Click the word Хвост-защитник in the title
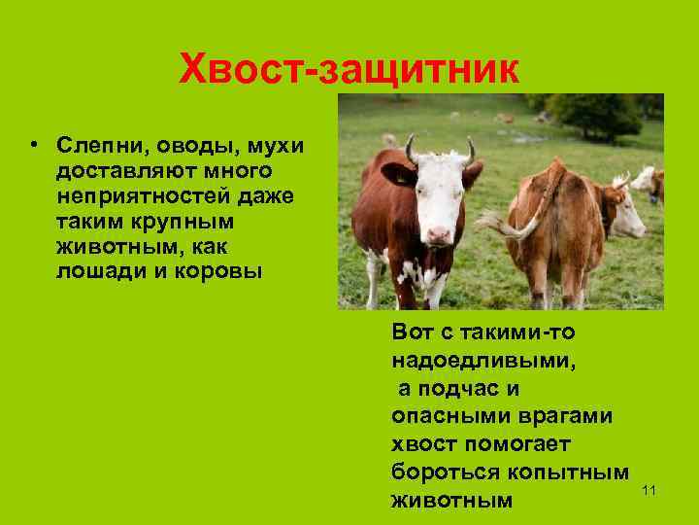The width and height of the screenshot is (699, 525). [349, 69]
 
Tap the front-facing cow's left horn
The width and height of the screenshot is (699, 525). [411, 150]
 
